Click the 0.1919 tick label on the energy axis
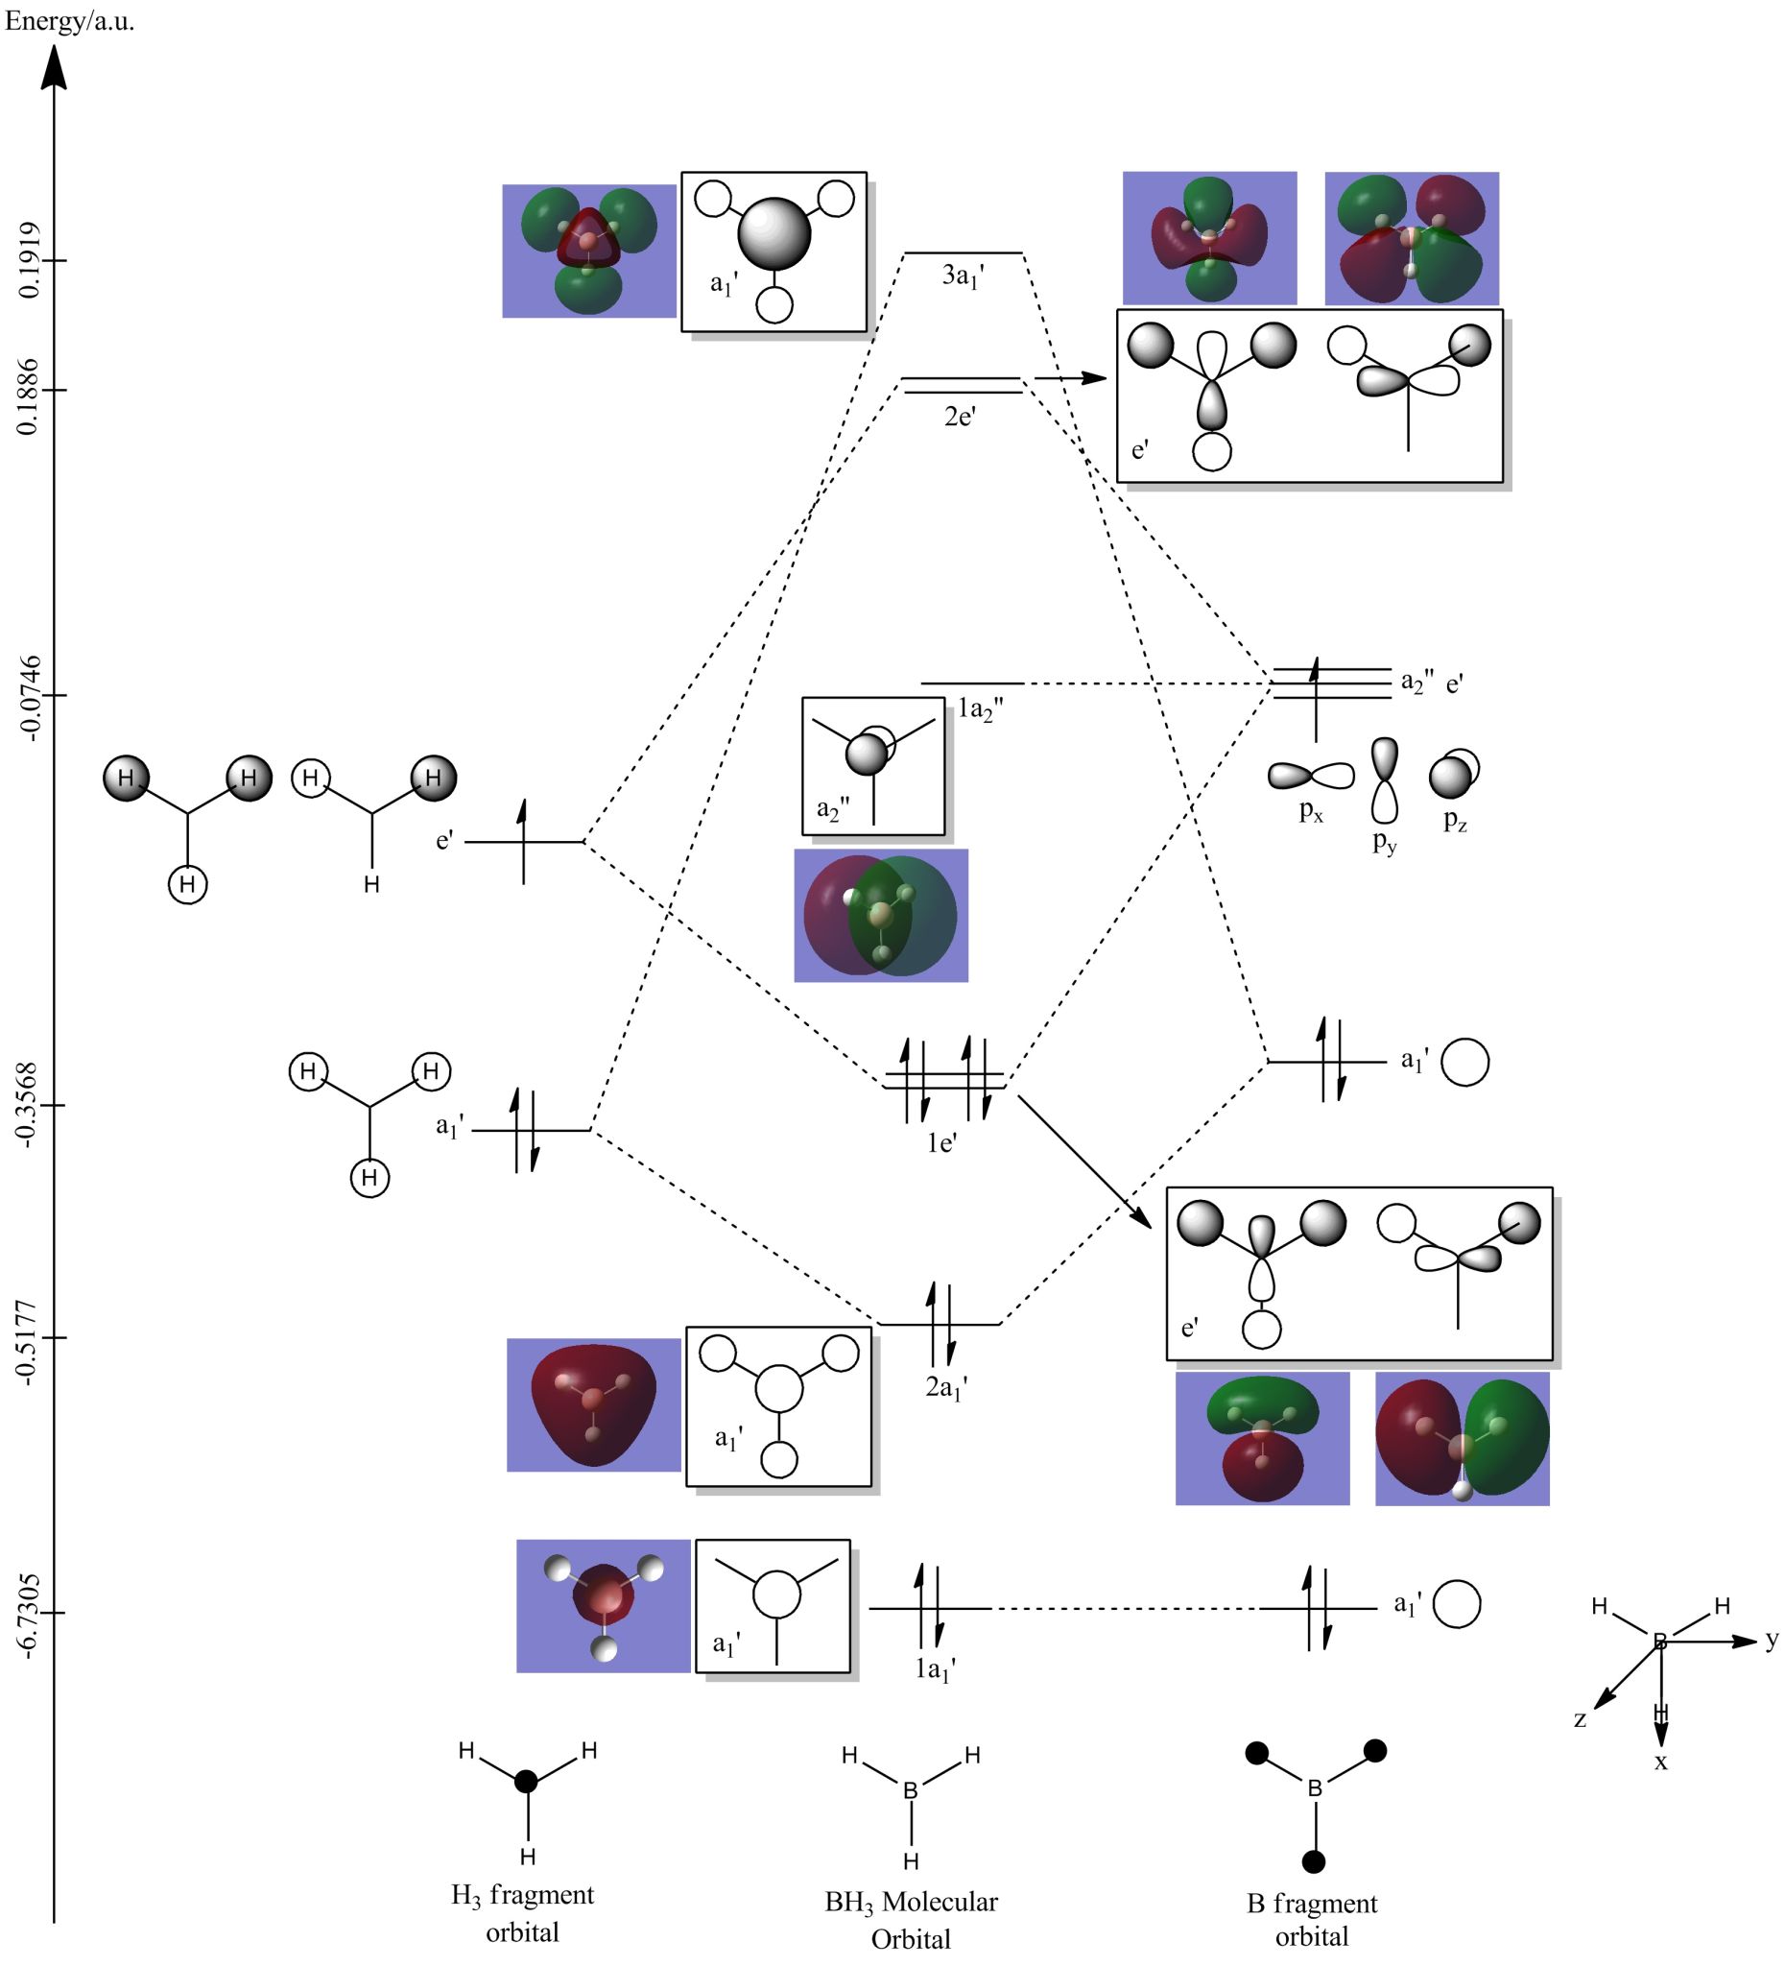[30, 259]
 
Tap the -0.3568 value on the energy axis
[30, 1105]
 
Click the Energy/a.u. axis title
[69, 21]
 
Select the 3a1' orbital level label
[963, 276]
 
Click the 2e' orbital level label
[960, 417]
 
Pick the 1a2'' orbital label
[980, 710]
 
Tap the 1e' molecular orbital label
[940, 1142]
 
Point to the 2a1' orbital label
[945, 1387]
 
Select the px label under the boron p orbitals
[1311, 811]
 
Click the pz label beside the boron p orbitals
[1455, 821]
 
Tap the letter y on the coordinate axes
[1772, 1640]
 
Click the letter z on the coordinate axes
[1580, 1719]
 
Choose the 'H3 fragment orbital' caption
[521, 1912]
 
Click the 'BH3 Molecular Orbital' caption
[911, 1919]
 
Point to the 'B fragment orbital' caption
[1311, 1919]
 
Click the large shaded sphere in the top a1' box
[774, 234]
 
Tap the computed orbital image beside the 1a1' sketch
[603, 1606]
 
